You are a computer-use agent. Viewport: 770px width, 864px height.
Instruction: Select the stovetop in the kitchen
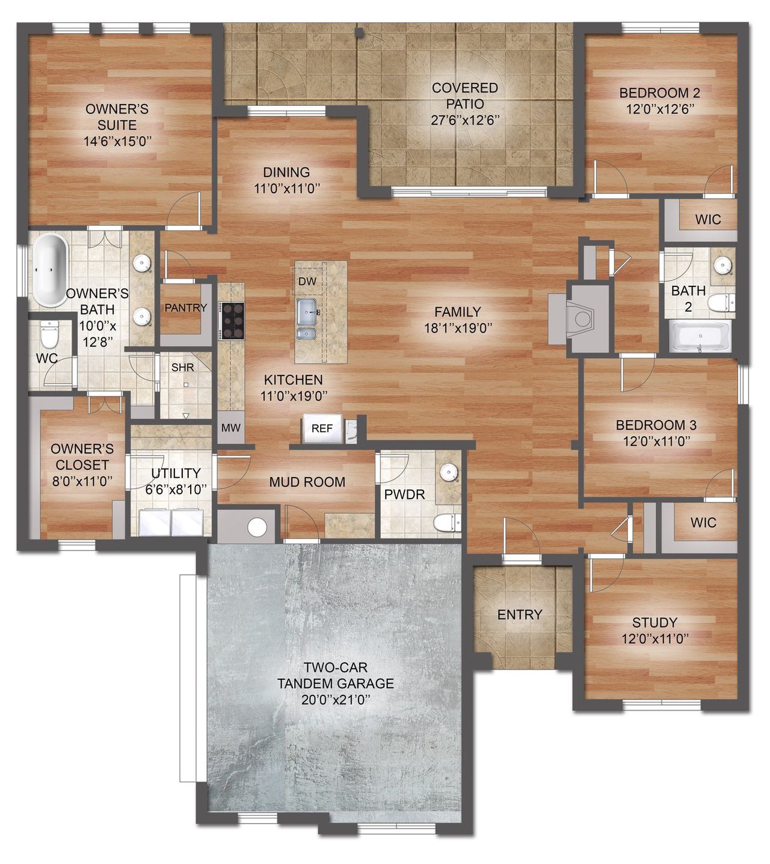233,321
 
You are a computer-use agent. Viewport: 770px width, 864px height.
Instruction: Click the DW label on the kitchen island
307,282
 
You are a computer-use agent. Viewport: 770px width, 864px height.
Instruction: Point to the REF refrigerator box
322,428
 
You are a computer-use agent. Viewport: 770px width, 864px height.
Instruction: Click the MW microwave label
231,428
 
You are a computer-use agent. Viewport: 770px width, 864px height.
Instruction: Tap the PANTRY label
185,308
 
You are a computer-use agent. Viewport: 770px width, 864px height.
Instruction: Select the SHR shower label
182,367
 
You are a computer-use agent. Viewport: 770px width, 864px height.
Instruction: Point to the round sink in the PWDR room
448,473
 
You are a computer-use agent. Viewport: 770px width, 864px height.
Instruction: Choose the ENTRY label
520,614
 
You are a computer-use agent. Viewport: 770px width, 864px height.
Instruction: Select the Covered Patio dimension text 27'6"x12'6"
466,120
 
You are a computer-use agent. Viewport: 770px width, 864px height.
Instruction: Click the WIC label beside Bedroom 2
707,220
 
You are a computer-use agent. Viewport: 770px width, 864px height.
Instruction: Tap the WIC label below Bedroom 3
703,522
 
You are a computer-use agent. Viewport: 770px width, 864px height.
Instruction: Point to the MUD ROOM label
307,482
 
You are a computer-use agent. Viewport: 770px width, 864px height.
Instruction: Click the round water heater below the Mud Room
257,526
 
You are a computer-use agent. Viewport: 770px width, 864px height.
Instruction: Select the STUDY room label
654,623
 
